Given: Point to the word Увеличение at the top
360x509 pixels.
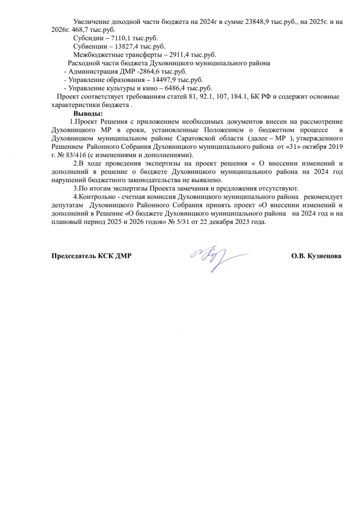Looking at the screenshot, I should tap(92, 22).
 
